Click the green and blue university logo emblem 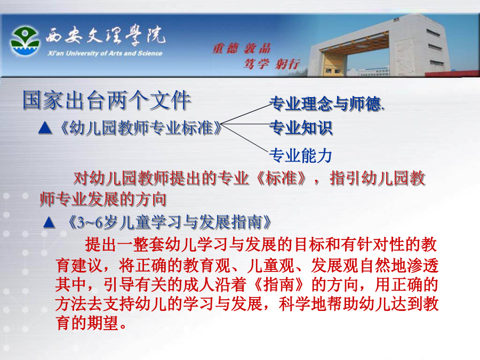tap(25, 41)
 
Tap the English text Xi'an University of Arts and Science tap(105, 53)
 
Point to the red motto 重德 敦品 tap(242, 49)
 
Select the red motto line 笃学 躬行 tap(271, 64)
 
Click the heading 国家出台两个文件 tap(107, 100)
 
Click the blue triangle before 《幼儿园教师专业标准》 tap(45, 128)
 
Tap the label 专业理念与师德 tap(326, 103)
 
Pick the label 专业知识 tap(301, 127)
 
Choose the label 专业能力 tap(301, 155)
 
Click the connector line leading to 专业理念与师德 tap(245, 114)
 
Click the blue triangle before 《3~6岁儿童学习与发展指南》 tap(49, 222)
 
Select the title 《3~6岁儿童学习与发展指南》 tap(169, 222)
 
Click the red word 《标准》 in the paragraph tap(281, 178)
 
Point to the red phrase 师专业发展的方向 tap(103, 199)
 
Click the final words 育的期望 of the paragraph tap(87, 323)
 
